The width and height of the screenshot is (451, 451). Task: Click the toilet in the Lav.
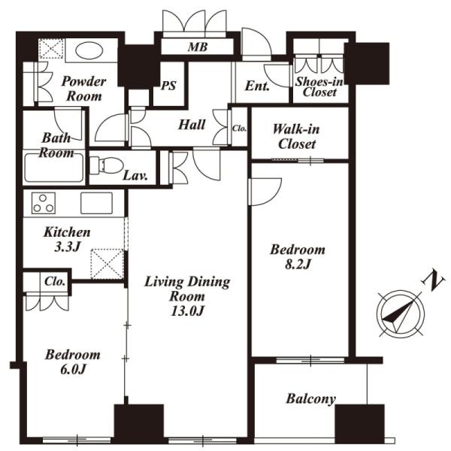point(106,165)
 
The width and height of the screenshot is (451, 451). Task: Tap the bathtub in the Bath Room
point(54,168)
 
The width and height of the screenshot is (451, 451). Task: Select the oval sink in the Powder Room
point(89,51)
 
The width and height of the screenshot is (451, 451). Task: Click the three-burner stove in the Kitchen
point(44,203)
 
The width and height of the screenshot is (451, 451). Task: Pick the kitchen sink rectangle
point(96,203)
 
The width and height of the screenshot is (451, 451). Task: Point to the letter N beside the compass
point(434,281)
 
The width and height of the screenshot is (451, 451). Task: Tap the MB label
point(198,47)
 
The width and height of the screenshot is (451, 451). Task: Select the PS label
point(168,86)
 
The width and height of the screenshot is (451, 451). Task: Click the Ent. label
point(257,86)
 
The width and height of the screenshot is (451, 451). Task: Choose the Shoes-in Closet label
point(319,87)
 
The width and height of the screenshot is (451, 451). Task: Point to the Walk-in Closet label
point(296,136)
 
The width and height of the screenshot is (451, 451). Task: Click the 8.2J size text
point(298,264)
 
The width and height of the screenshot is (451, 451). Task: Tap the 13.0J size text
point(187,311)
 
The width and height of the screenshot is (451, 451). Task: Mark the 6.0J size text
point(73,369)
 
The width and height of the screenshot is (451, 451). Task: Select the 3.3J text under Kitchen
point(67,247)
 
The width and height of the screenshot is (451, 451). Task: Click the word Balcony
point(311,399)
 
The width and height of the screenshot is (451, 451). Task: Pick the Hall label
point(192,125)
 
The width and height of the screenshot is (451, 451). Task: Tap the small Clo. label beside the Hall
point(239,129)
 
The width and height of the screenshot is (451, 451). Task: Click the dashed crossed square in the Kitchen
point(107,264)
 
